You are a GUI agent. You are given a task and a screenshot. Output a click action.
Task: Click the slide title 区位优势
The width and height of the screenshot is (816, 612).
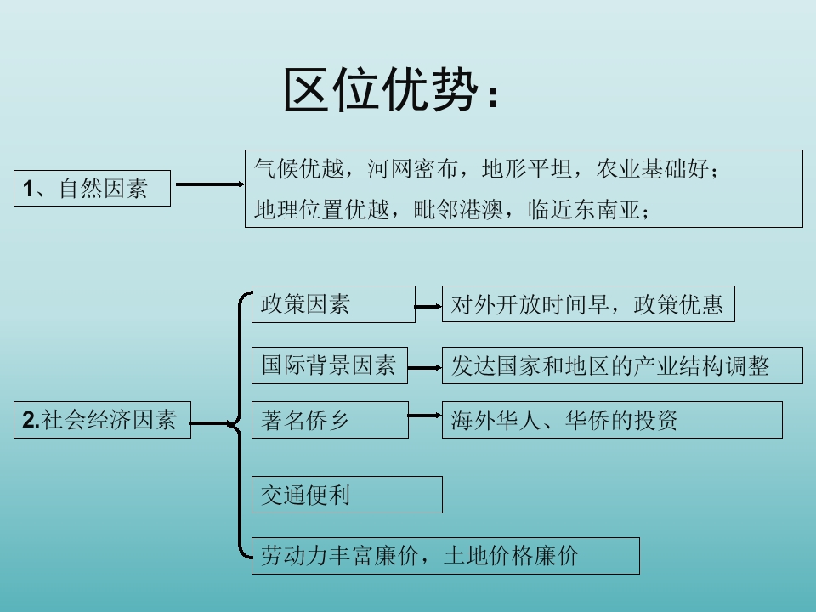391,89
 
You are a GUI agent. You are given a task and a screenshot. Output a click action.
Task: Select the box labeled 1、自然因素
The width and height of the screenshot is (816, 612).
92,188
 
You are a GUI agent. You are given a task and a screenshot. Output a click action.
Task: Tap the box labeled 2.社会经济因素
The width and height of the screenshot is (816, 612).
102,419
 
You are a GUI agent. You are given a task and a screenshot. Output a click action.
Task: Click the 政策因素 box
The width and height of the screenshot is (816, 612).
333,304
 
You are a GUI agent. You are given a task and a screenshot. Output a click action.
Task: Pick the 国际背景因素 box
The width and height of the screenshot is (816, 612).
330,365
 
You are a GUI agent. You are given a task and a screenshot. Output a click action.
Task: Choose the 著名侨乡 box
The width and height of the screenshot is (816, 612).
330,420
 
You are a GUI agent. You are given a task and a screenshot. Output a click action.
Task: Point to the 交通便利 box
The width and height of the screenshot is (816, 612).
347,495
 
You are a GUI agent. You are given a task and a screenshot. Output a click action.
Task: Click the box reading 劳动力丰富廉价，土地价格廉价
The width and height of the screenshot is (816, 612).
445,556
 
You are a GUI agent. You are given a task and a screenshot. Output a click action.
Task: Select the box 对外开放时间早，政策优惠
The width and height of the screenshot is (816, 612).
588,304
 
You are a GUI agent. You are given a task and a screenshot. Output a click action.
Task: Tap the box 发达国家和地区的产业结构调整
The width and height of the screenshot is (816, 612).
622,365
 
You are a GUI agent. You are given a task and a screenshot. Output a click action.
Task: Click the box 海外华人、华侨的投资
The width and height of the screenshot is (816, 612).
612,420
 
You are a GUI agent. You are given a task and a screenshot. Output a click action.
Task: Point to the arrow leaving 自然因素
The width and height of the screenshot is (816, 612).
207,184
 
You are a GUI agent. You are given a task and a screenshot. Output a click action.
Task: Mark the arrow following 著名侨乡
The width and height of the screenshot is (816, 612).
425,416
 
